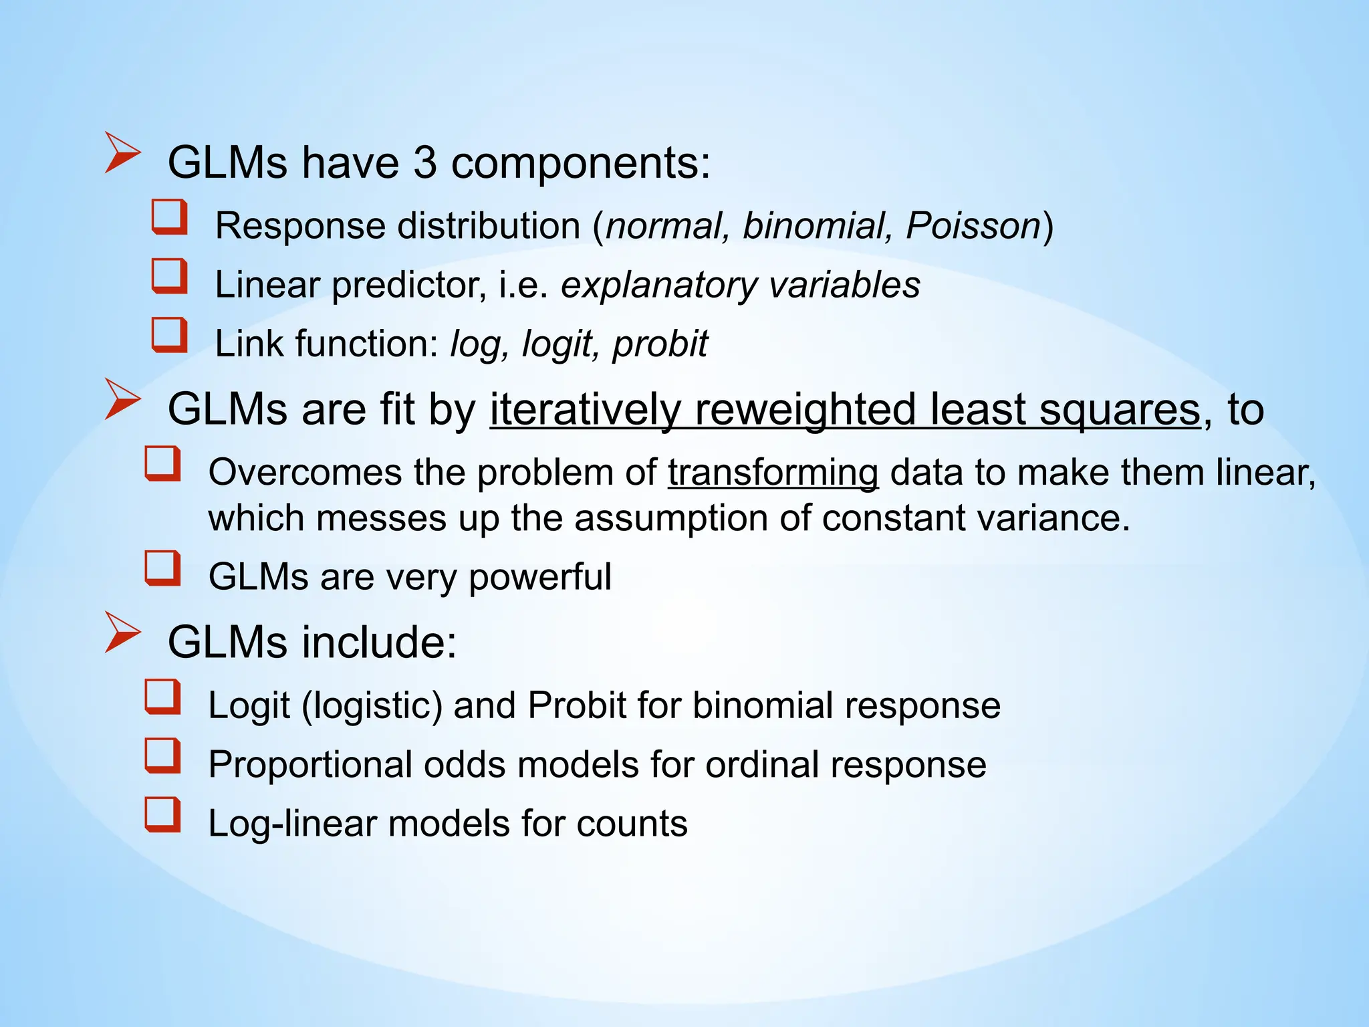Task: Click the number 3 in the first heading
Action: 424,162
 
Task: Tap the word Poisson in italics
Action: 973,226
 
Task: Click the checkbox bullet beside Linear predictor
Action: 168,277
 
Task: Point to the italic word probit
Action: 660,344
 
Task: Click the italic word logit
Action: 556,344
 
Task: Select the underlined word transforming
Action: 773,473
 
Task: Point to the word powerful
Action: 539,577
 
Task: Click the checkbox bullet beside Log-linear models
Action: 162,815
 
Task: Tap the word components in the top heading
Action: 580,162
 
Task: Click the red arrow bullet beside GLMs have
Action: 123,154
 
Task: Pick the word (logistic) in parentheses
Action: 372,706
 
